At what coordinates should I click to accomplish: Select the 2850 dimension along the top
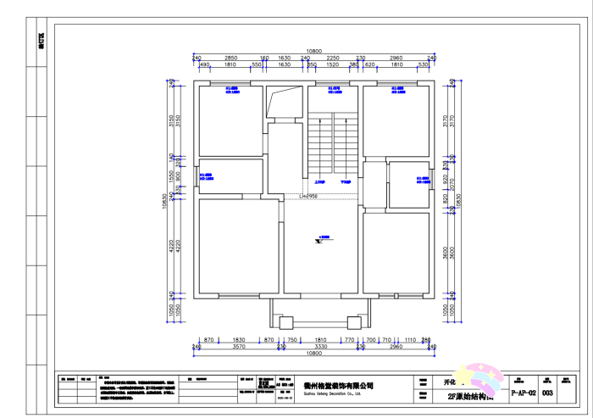tap(230, 58)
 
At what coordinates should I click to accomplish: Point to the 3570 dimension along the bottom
tap(239, 347)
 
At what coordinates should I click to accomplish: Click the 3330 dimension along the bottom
tap(320, 347)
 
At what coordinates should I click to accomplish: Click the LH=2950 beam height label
tap(308, 195)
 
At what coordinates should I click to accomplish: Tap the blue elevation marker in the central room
tap(322, 239)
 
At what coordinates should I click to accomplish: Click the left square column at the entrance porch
tap(285, 321)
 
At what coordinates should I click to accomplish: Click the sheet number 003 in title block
tap(547, 393)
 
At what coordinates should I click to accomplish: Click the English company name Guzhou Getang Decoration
tap(333, 393)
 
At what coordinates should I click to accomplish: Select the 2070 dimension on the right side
tap(452, 181)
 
